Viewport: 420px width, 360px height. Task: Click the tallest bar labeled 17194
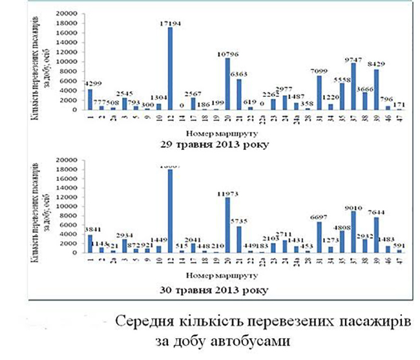(x=169, y=69)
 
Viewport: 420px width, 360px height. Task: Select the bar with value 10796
(x=227, y=84)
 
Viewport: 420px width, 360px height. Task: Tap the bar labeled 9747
(x=353, y=87)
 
